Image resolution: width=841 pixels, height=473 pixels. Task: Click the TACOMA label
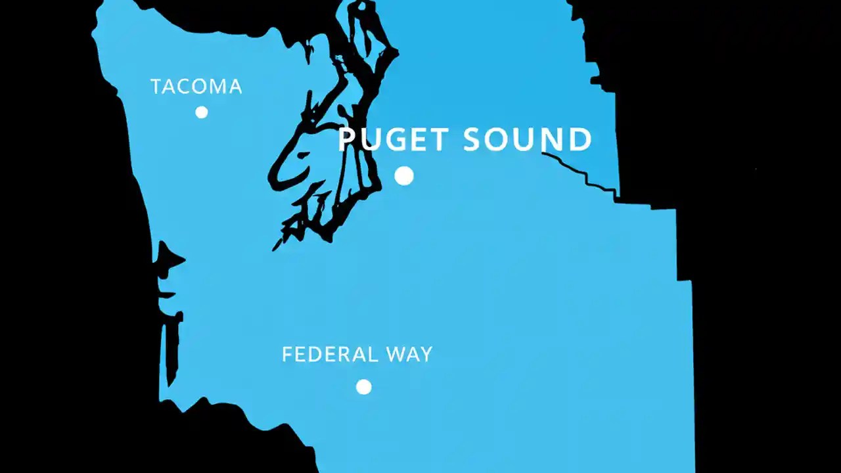pos(196,86)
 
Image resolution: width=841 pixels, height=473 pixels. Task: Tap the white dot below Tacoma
pos(202,112)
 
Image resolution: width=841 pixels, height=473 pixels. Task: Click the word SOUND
pos(527,140)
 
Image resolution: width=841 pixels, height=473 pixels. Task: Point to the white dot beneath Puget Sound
pos(404,175)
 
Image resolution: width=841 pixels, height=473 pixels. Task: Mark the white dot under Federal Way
pos(363,387)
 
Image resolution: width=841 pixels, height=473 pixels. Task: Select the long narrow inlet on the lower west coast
pos(172,348)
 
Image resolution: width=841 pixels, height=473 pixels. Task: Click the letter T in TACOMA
pos(156,86)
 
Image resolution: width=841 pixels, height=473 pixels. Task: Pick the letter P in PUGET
pos(347,140)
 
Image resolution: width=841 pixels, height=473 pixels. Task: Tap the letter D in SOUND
pos(580,140)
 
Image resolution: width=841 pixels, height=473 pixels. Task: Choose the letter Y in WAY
pos(426,355)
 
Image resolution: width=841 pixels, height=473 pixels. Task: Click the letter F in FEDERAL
pos(286,355)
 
